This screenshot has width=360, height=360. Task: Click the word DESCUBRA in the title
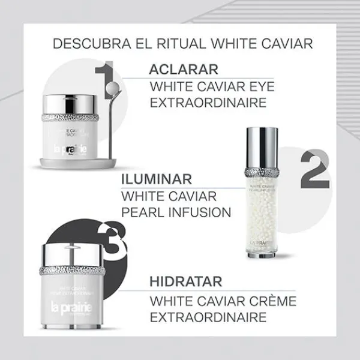[86, 45]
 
